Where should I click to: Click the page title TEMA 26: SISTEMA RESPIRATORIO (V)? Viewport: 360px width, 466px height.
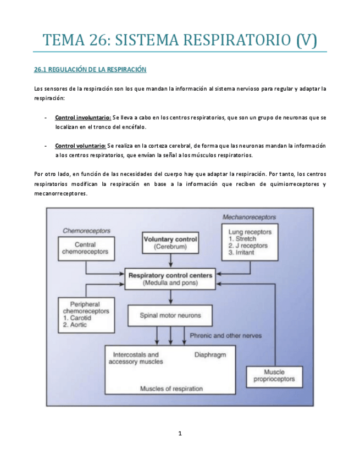(x=180, y=40)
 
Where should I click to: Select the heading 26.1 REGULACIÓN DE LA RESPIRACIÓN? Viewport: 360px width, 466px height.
(x=90, y=70)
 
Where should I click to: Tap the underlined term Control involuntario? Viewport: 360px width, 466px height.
(x=82, y=118)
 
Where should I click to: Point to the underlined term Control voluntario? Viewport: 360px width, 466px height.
(x=80, y=146)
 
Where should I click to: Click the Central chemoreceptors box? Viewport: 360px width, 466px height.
(x=86, y=248)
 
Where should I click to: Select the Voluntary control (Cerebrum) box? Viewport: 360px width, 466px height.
(x=170, y=243)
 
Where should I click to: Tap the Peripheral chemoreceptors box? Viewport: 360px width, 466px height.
(x=86, y=314)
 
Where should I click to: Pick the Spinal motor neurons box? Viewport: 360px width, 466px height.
(x=170, y=315)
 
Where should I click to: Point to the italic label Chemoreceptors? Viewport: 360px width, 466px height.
(x=86, y=230)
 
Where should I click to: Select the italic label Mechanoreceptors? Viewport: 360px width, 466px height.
(x=249, y=217)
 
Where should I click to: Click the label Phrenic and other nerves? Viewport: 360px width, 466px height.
(x=225, y=335)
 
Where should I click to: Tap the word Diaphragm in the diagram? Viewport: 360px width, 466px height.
(x=211, y=354)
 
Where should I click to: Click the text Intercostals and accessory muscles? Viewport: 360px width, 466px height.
(x=136, y=358)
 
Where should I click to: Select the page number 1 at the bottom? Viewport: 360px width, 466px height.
(x=180, y=434)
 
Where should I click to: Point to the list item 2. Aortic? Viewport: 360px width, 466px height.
(x=75, y=325)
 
